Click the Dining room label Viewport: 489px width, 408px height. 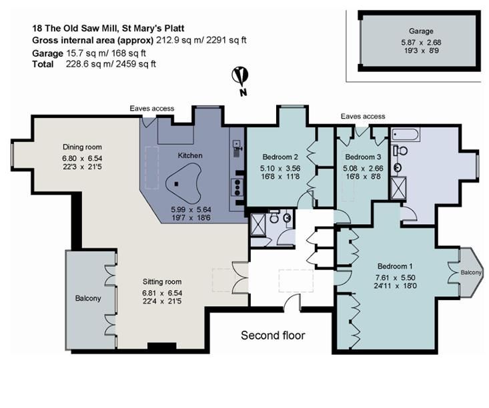pos(82,147)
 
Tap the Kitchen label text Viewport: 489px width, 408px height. pos(189,155)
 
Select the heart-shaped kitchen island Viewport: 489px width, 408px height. pos(183,186)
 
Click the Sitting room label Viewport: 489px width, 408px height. pos(161,282)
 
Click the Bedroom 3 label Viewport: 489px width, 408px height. pos(360,159)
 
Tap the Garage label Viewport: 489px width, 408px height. pos(421,31)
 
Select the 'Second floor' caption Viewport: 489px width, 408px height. pos(273,335)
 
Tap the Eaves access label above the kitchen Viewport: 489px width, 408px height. pos(152,109)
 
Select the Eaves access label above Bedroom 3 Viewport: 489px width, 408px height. pos(362,116)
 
